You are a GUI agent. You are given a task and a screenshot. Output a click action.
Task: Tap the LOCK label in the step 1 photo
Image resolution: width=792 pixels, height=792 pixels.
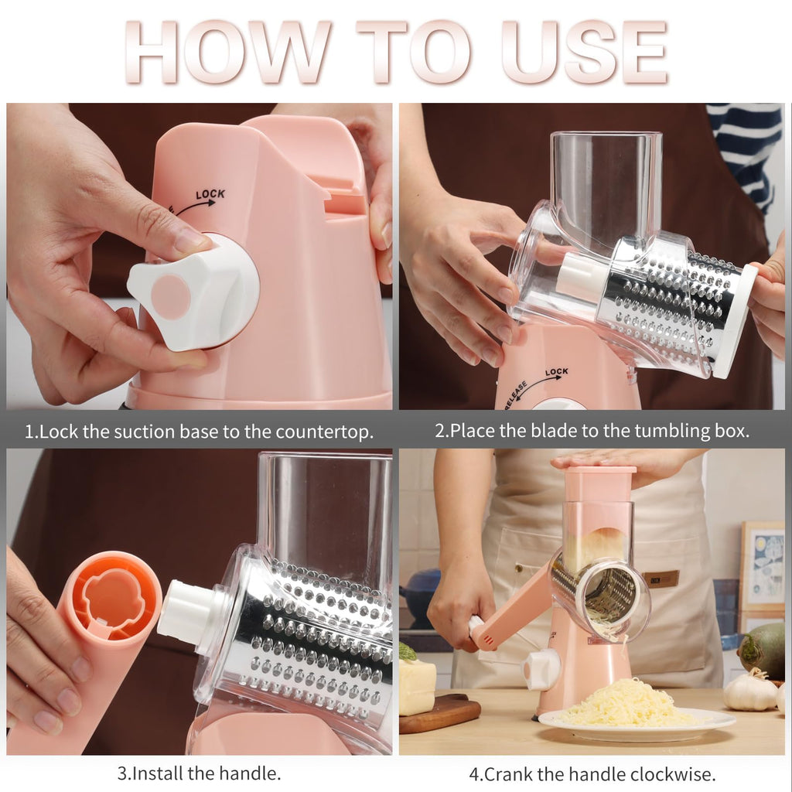click(210, 194)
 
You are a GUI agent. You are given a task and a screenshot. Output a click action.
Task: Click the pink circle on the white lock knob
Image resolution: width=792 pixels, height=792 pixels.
click(170, 297)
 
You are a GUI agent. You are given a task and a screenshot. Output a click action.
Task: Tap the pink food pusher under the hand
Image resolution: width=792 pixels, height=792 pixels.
click(599, 483)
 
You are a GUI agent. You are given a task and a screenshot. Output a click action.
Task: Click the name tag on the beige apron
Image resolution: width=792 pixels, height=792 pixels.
click(663, 579)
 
